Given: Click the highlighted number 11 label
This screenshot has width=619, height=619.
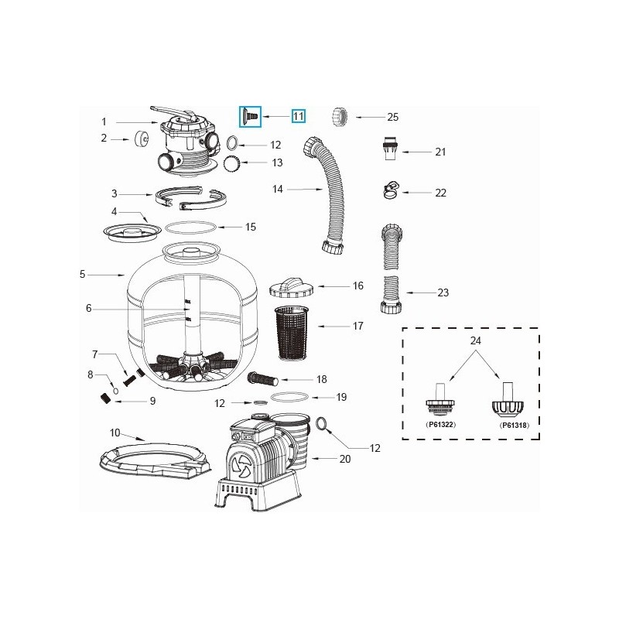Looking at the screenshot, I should (298, 116).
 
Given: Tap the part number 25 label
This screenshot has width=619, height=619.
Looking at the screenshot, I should (392, 117).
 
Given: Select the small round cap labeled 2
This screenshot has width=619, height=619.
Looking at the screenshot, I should (142, 140).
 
